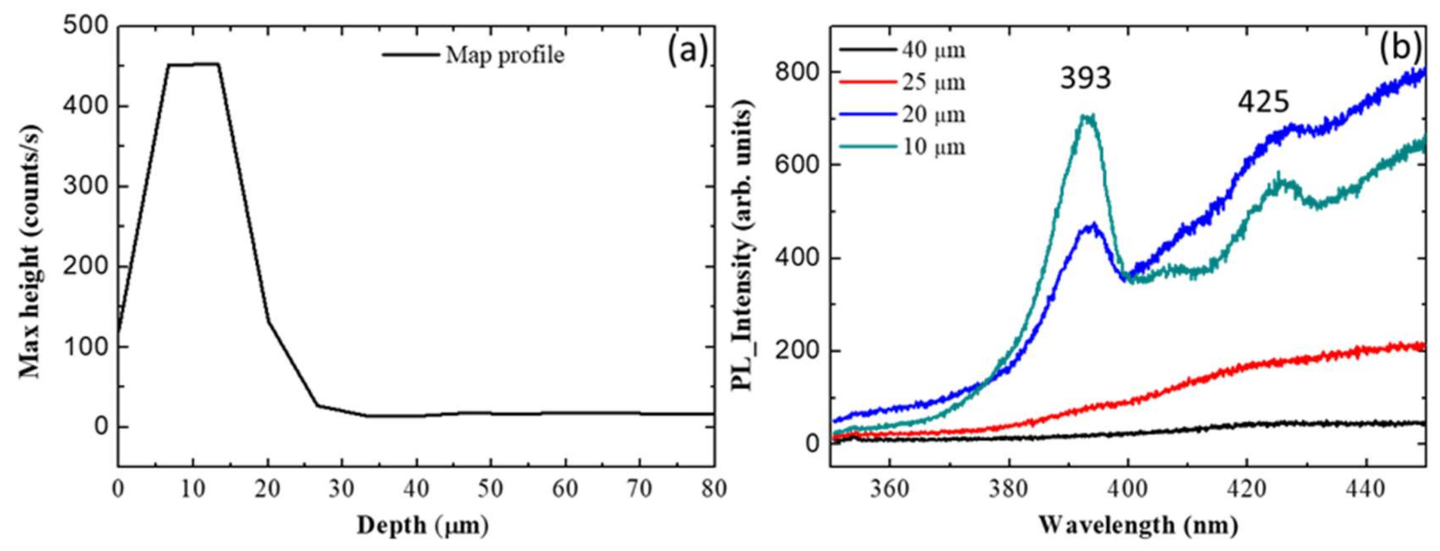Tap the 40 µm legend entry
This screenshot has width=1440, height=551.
pyautogui.click(x=933, y=50)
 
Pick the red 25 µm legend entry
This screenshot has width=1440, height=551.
pyautogui.click(x=933, y=82)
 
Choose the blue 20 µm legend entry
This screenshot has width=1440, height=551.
pyautogui.click(x=933, y=115)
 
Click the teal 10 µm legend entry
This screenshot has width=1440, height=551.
pyautogui.click(x=933, y=147)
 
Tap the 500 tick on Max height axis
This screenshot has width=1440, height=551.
pyautogui.click(x=85, y=26)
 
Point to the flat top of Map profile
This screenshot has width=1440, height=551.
pyautogui.click(x=193, y=64)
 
